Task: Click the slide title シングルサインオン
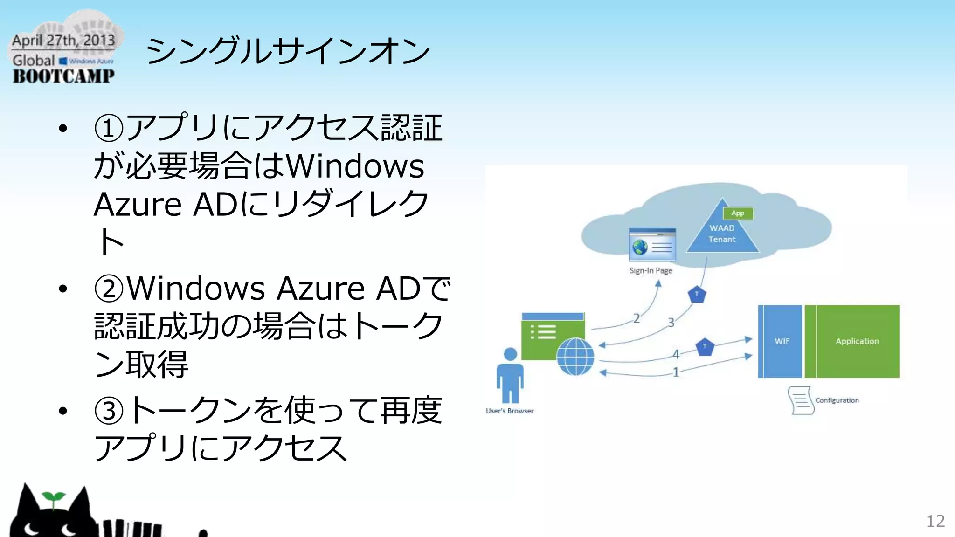(287, 51)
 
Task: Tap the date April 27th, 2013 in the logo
(63, 41)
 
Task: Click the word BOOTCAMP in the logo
(63, 76)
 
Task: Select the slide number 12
(935, 521)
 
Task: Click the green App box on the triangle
(738, 213)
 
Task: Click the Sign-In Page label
(651, 270)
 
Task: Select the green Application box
(857, 341)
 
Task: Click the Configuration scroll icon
(801, 400)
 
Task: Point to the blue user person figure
(510, 376)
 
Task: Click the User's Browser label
(510, 411)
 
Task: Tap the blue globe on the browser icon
(575, 357)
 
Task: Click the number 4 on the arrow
(676, 354)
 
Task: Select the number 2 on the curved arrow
(636, 318)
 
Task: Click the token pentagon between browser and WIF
(705, 347)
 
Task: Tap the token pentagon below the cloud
(697, 295)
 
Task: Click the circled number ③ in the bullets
(109, 411)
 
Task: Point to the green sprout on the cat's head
(53, 497)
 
